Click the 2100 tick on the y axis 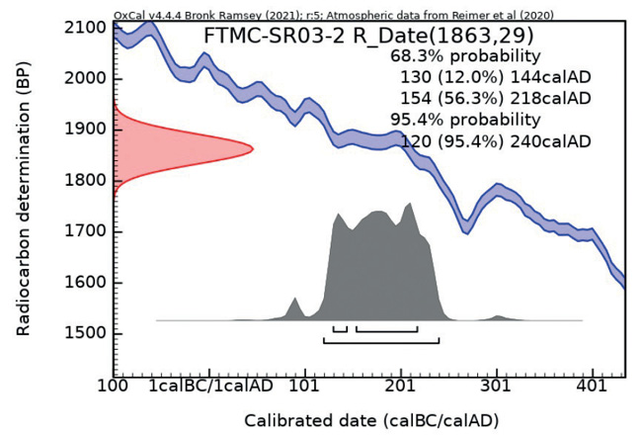(x=86, y=28)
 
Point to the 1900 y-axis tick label (x=86, y=130)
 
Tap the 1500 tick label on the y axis (x=86, y=333)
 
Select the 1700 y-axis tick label (x=86, y=231)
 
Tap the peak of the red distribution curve (x=252, y=149)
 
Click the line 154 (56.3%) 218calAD (x=496, y=99)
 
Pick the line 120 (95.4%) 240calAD (x=496, y=141)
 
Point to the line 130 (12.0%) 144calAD (x=496, y=77)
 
